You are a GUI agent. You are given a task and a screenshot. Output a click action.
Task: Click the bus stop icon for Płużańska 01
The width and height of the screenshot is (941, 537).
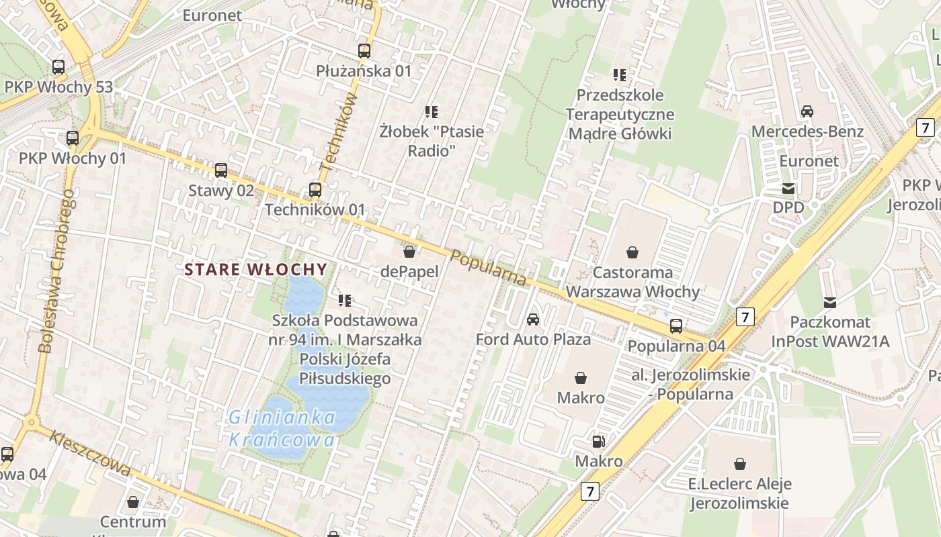tap(364, 50)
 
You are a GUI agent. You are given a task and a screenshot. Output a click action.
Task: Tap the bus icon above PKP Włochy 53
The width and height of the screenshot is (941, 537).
tap(58, 67)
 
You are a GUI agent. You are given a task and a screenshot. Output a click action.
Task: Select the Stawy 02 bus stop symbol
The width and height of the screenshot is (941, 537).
tap(221, 170)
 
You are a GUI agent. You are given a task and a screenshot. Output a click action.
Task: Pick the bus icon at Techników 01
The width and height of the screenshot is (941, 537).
tap(315, 190)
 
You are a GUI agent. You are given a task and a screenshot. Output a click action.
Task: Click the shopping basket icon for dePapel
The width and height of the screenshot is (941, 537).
tap(409, 252)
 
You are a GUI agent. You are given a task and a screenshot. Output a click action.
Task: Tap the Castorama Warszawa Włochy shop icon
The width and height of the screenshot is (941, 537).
tap(632, 252)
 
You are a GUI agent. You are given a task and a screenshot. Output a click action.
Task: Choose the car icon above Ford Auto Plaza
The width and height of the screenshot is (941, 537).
tap(533, 319)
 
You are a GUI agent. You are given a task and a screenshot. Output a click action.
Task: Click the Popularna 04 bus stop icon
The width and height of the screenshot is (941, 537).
tap(676, 326)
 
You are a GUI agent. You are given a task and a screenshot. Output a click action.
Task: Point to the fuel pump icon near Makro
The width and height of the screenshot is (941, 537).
tap(598, 442)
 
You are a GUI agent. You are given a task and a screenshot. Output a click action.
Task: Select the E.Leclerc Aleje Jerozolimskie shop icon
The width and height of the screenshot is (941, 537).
tap(739, 464)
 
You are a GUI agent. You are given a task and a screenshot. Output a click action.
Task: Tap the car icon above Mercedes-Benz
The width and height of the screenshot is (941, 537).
tap(807, 111)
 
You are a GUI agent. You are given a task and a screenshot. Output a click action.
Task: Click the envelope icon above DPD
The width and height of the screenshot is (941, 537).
tap(788, 189)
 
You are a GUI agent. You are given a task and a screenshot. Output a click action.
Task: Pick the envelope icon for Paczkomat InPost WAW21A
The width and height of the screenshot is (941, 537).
tap(830, 303)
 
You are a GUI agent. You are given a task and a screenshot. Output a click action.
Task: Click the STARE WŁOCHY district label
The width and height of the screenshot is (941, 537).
tap(256, 270)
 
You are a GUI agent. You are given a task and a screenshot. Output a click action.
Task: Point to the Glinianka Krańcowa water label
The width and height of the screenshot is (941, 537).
tap(282, 429)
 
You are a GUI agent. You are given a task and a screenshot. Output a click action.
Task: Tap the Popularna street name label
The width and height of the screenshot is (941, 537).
tap(489, 268)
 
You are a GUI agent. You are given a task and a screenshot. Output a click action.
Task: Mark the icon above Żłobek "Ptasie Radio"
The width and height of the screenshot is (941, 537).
tap(432, 111)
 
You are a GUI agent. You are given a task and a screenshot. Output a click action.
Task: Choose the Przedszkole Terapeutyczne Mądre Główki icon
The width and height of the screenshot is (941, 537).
tap(619, 75)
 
